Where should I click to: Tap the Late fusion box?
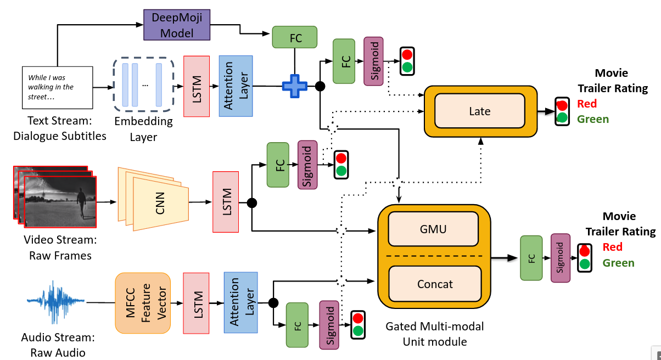(479, 111)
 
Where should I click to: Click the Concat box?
(435, 284)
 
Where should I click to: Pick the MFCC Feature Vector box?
(143, 303)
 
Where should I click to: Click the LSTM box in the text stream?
(197, 86)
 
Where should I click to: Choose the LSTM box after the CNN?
(225, 202)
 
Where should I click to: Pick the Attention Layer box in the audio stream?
(240, 302)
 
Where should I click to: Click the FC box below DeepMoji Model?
(295, 37)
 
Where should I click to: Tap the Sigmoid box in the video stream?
(307, 164)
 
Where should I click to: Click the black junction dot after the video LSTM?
(252, 203)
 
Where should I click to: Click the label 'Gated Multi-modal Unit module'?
(435, 334)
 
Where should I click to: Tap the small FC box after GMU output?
(531, 258)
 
